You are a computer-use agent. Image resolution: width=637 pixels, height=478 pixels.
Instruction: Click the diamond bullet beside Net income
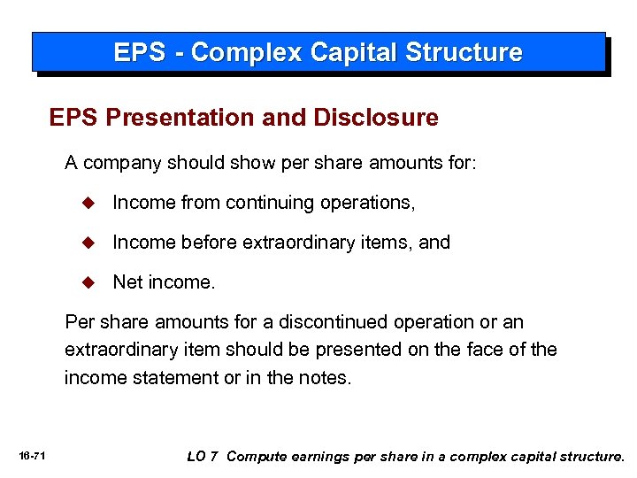tap(88, 283)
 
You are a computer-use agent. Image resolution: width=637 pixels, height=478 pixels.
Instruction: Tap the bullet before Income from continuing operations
tap(88, 203)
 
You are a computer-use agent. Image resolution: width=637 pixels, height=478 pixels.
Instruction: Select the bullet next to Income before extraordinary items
tap(88, 243)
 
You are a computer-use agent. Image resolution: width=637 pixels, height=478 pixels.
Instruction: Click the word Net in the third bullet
tap(127, 283)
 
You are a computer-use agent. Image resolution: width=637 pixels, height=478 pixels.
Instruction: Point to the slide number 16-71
tap(33, 457)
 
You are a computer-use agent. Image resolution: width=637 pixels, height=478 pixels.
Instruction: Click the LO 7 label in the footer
tap(203, 457)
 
